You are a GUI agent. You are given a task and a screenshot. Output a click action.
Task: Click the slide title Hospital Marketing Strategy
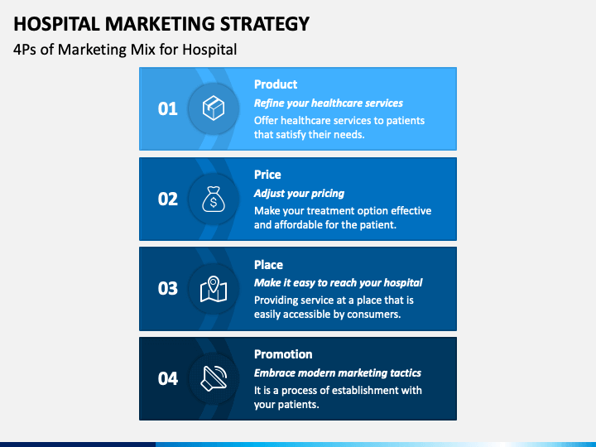(x=161, y=22)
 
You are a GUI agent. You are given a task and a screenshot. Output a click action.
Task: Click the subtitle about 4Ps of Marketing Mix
(x=125, y=50)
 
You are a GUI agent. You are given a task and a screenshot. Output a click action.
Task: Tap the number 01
(x=168, y=108)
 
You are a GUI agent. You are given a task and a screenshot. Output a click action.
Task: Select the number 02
(x=168, y=199)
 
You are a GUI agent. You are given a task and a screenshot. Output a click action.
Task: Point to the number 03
(x=168, y=288)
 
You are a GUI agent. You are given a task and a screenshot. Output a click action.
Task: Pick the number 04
(x=168, y=378)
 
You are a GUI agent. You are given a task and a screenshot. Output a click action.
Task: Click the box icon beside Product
(x=214, y=108)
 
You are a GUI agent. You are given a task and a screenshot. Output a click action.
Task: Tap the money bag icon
(x=214, y=199)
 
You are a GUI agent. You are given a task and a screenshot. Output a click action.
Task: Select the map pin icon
(x=214, y=288)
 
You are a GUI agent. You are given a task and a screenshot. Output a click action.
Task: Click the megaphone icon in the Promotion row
(x=214, y=378)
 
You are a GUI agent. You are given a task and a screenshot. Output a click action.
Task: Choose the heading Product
(x=276, y=84)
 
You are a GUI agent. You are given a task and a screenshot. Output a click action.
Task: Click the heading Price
(x=267, y=175)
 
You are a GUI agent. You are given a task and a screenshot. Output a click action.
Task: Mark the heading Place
(x=268, y=265)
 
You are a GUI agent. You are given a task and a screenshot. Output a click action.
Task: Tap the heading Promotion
(x=283, y=354)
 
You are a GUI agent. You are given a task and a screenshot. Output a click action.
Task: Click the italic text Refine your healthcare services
(x=329, y=103)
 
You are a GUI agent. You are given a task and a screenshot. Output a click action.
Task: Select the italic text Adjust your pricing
(x=299, y=193)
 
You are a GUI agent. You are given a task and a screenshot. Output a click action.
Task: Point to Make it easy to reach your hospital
(x=338, y=283)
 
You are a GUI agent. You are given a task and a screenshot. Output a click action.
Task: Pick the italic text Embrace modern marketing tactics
(x=338, y=372)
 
